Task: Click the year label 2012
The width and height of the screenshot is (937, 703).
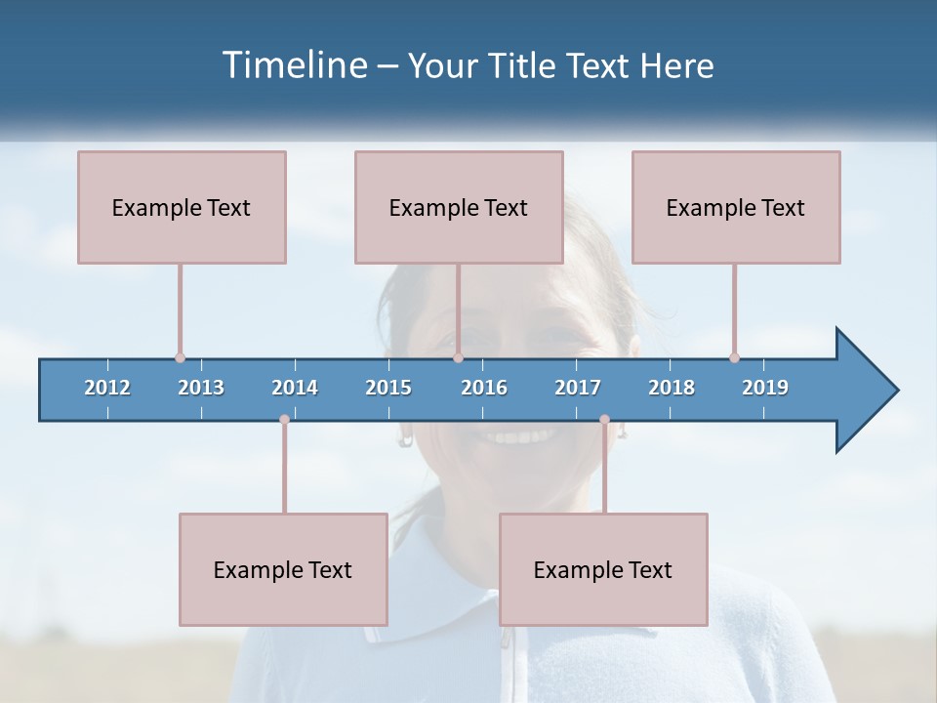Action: coord(107,388)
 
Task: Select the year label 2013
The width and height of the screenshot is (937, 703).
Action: coord(201,388)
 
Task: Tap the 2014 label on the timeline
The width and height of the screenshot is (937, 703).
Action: coord(295,388)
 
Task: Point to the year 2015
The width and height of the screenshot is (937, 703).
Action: coord(388,388)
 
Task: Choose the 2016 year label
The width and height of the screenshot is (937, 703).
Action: coord(484,388)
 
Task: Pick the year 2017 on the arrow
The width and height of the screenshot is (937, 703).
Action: coord(578,388)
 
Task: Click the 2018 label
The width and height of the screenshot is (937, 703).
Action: coord(672,388)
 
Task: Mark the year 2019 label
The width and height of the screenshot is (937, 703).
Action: coord(765,388)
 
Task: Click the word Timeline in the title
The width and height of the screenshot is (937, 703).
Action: coord(293,65)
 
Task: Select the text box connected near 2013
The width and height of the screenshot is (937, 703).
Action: coord(182,207)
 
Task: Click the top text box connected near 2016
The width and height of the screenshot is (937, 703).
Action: coord(459,207)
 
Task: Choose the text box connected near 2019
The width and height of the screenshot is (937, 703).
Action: coord(736,207)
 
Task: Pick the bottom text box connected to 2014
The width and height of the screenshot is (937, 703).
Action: coord(283,569)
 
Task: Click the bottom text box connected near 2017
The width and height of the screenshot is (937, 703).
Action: coord(603,569)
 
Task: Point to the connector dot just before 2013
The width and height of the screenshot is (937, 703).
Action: coord(180,357)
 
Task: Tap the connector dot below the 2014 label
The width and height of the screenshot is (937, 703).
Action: coord(284,420)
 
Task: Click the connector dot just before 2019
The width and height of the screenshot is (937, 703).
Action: coord(734,357)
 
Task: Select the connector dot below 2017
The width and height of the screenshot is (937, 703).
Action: coord(604,420)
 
